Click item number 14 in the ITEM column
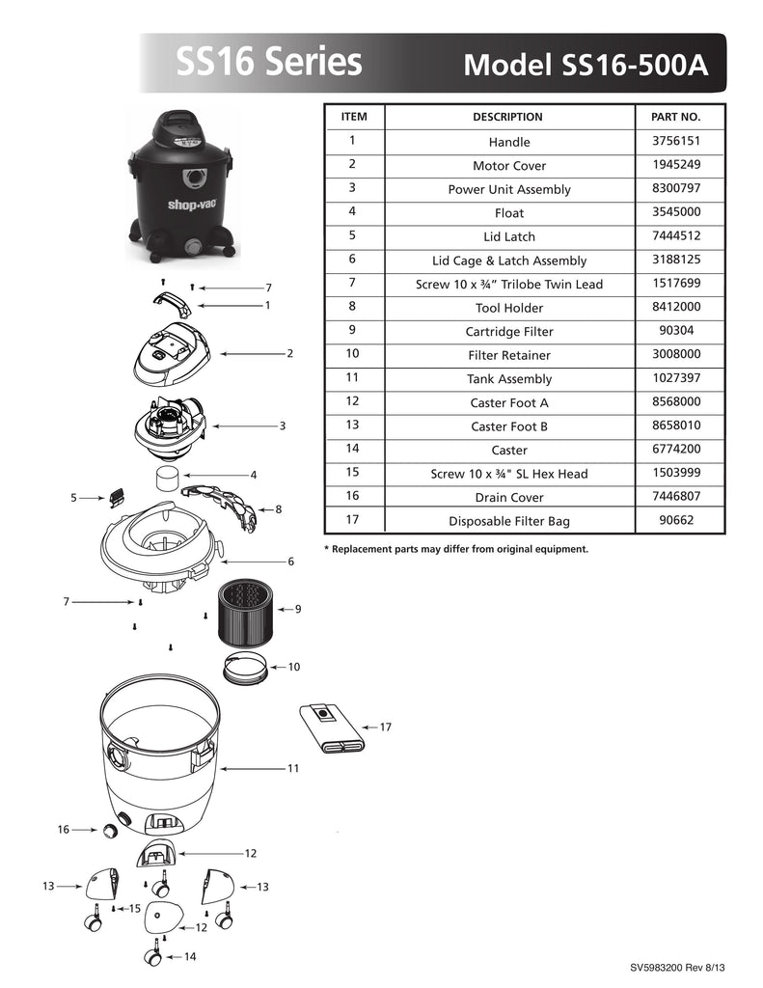tap(353, 449)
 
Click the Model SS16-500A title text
tap(586, 65)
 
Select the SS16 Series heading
tap(269, 63)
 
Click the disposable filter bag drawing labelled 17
tap(331, 728)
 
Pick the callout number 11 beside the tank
tap(292, 769)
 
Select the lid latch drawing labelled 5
tap(118, 496)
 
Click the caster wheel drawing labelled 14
tap(153, 957)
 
